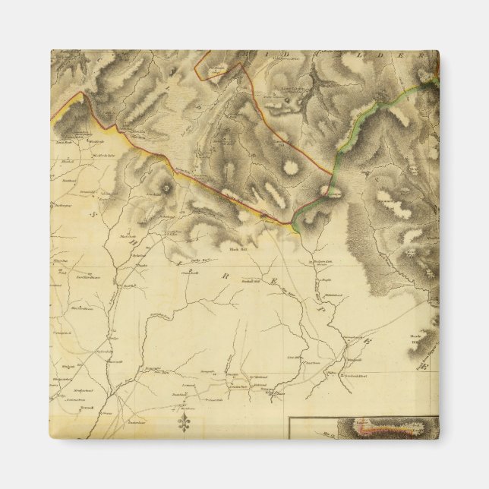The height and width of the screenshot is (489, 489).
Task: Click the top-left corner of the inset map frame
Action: (289, 419)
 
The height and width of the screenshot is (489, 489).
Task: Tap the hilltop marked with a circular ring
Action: (166, 185)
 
